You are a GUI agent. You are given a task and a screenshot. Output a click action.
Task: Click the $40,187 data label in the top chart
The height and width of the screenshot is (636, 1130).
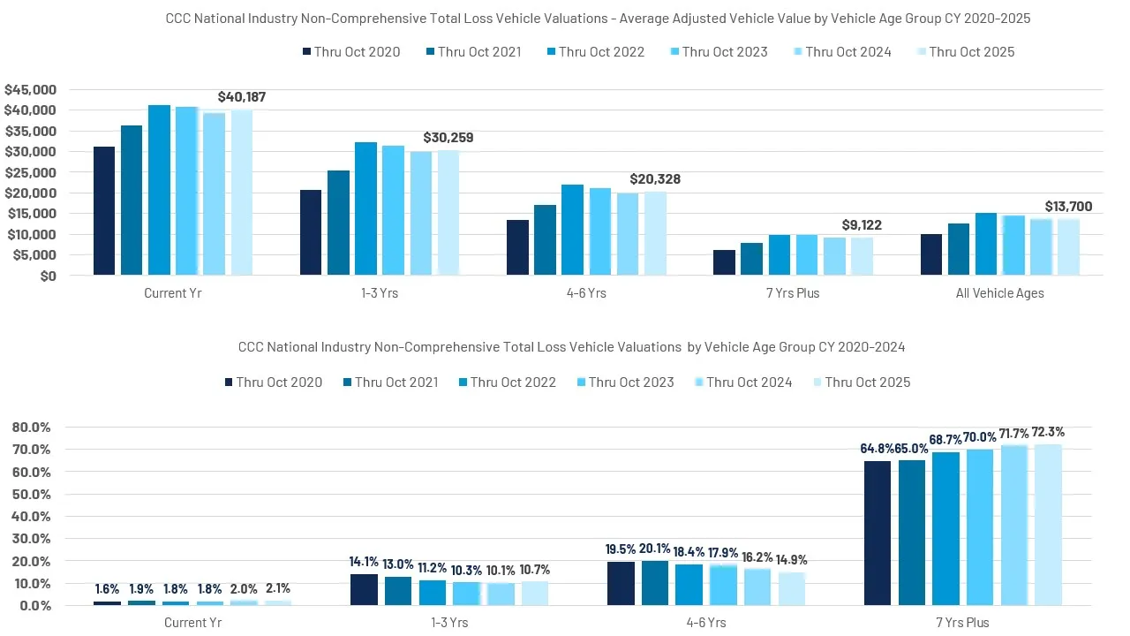click(x=242, y=97)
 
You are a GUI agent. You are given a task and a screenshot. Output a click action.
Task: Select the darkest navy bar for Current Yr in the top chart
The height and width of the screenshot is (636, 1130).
click(x=104, y=211)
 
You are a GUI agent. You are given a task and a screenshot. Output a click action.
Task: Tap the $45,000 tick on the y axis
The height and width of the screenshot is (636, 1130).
click(x=30, y=89)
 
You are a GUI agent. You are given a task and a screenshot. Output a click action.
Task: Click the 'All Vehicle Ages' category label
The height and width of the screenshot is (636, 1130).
click(x=999, y=293)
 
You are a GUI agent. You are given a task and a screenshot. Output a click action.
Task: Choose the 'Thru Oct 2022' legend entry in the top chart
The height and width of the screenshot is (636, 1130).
click(x=596, y=52)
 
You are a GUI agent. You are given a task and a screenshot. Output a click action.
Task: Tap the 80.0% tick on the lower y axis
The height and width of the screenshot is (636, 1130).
click(x=31, y=427)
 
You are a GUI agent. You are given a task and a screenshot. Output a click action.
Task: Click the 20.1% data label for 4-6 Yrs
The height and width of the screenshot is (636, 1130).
click(x=654, y=549)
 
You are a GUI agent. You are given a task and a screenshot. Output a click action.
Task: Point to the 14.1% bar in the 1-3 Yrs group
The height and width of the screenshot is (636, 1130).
click(x=364, y=589)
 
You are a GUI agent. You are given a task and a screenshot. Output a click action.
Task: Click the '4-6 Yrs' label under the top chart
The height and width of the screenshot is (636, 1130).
click(x=585, y=293)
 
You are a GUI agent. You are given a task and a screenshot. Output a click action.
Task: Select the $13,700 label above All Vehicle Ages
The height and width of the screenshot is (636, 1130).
click(x=1068, y=207)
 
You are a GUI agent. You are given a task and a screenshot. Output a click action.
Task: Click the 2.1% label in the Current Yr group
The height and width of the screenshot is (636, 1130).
click(x=277, y=588)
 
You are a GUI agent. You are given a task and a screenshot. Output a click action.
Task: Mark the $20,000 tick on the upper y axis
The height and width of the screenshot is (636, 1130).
click(x=30, y=193)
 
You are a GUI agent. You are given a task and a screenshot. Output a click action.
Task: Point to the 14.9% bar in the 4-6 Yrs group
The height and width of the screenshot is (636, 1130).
click(x=792, y=588)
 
